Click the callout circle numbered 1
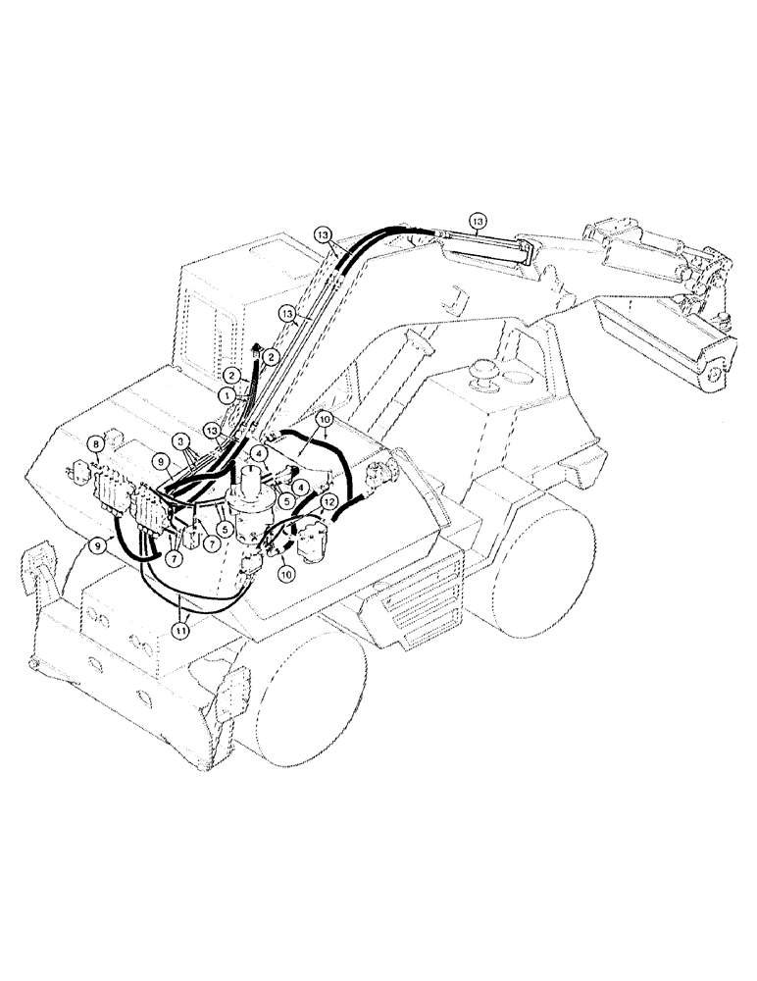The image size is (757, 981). [227, 393]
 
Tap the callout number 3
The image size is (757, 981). [180, 442]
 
